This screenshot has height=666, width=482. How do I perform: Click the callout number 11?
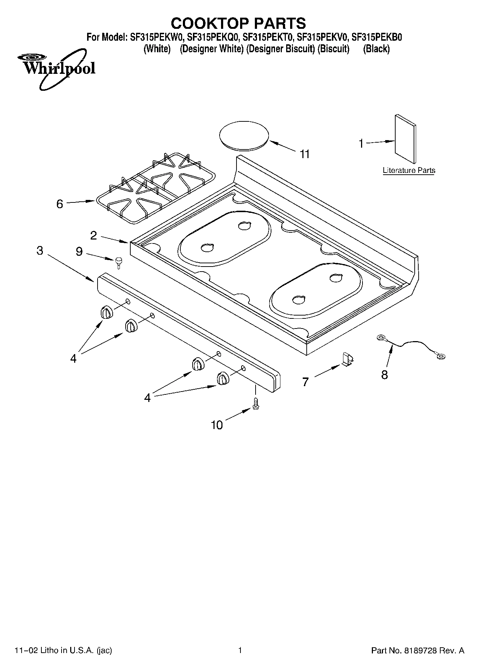point(305,154)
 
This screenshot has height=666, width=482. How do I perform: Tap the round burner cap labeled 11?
point(244,135)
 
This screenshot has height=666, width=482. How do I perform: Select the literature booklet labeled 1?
point(405,139)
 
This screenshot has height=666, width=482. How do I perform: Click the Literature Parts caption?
point(409,170)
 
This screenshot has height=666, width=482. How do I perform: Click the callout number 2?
point(93,236)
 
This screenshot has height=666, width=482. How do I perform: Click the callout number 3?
point(40,250)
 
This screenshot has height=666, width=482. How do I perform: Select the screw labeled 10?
point(256,403)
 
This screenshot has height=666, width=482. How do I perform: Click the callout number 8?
point(384,375)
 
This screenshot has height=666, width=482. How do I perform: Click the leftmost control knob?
point(106,312)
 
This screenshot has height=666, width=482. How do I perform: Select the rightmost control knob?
point(223,379)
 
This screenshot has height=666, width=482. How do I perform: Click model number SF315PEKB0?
point(377,37)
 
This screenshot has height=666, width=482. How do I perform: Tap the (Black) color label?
point(376,49)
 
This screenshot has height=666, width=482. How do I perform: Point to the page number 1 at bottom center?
point(240,650)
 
